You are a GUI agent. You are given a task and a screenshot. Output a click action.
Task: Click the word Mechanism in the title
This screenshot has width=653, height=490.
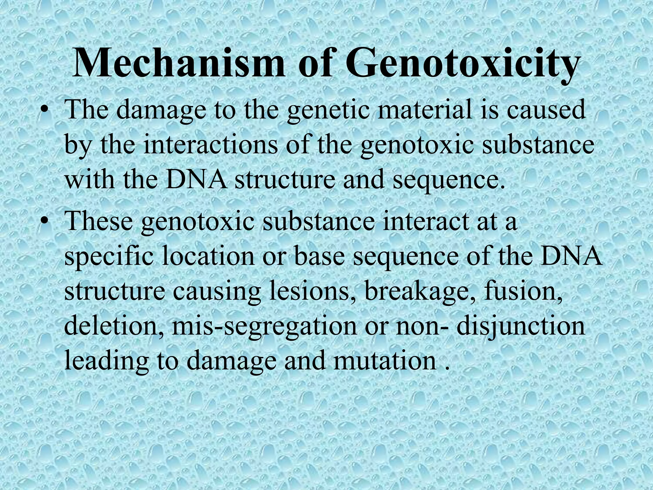tap(178, 64)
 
